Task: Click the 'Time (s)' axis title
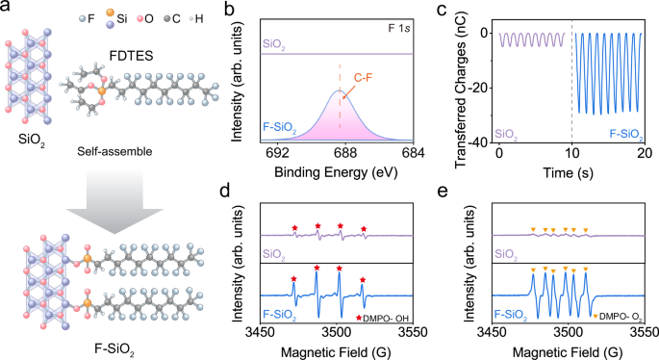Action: pos(571,173)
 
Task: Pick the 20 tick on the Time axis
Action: pos(645,153)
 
